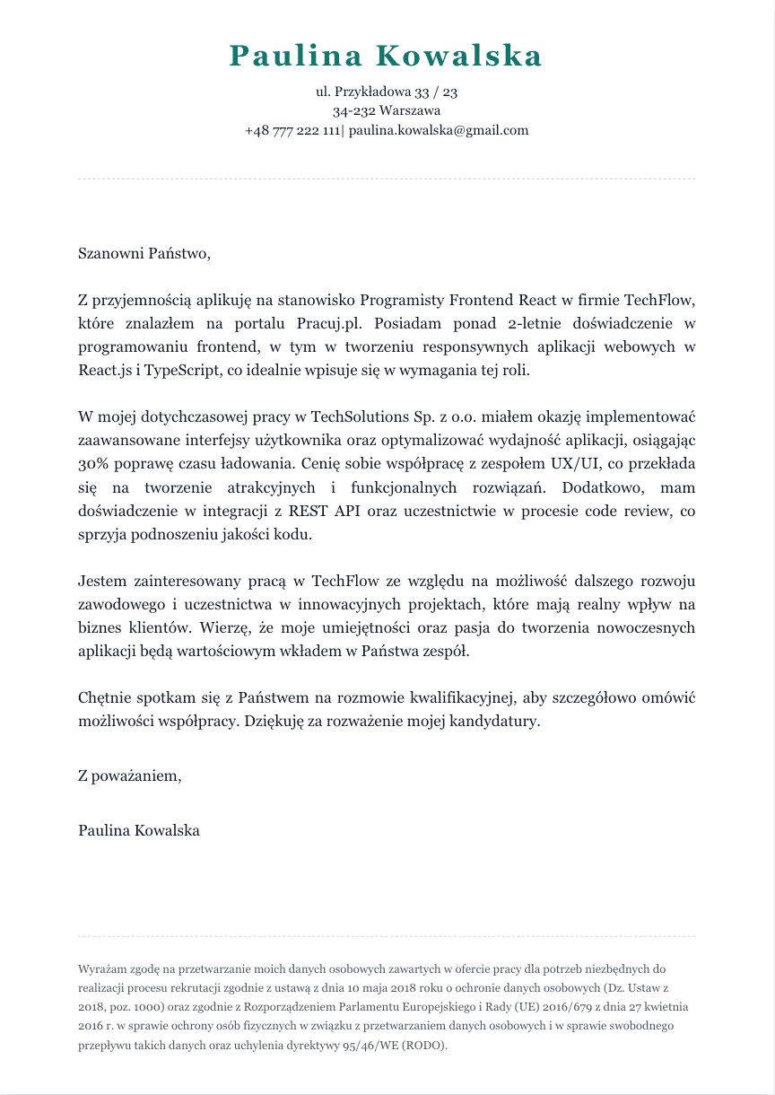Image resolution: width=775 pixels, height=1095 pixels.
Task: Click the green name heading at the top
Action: click(x=387, y=56)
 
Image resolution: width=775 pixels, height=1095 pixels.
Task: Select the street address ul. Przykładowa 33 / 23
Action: click(x=387, y=92)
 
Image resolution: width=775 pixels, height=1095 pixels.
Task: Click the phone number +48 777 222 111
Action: click(x=292, y=130)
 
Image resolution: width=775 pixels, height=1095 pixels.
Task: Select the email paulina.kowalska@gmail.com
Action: click(x=439, y=130)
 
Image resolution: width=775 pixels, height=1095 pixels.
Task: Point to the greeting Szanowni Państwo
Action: click(x=144, y=253)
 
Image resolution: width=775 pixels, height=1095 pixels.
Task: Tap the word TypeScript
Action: click(x=174, y=370)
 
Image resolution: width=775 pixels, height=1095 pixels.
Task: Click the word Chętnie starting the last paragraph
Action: click(x=105, y=697)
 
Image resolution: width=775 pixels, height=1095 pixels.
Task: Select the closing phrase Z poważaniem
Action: click(x=129, y=775)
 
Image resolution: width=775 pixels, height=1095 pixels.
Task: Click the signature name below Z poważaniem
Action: click(x=139, y=830)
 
